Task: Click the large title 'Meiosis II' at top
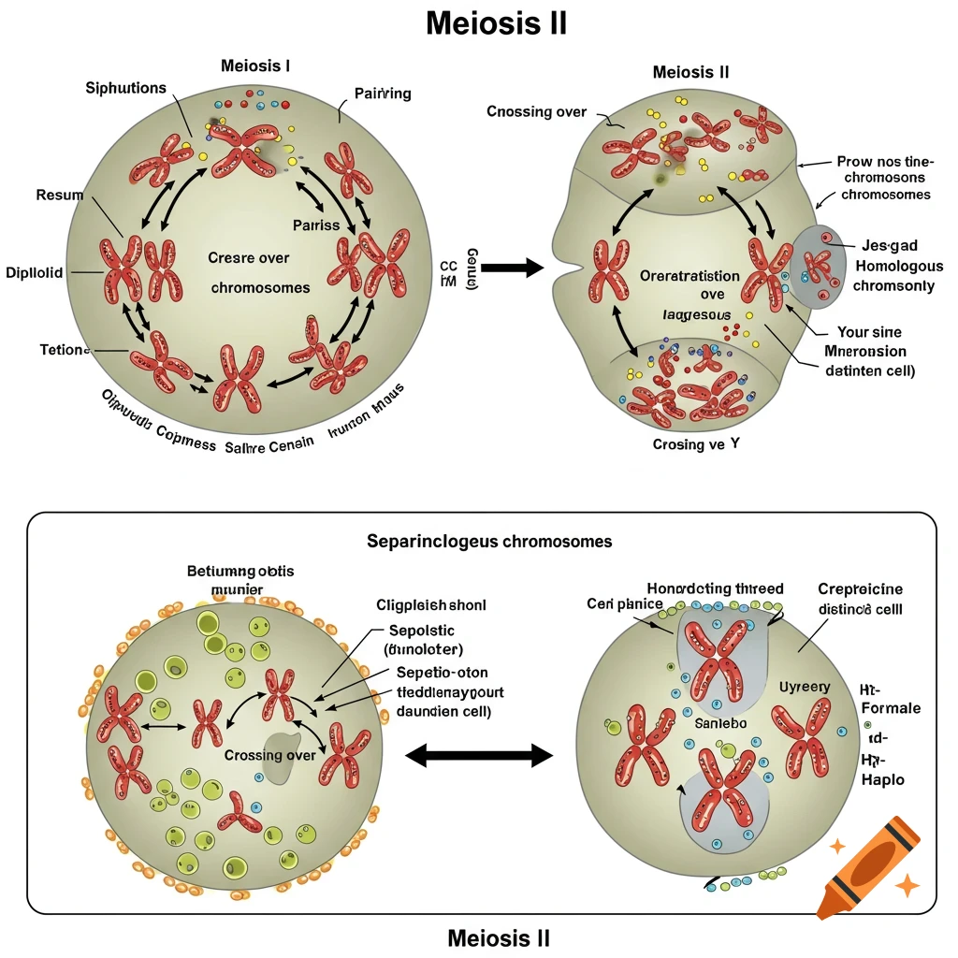tap(496, 23)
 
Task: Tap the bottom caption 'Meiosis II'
tap(499, 937)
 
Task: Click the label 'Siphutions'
tap(125, 88)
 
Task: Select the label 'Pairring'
tap(383, 94)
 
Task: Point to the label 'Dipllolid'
tap(35, 272)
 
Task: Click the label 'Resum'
tap(59, 196)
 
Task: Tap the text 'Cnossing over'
tap(536, 112)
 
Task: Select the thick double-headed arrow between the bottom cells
tap(477, 755)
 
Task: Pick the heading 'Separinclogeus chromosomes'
tap(490, 542)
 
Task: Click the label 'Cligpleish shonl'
tap(430, 605)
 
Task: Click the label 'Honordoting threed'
tap(715, 588)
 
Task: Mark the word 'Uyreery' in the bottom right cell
tap(804, 687)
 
